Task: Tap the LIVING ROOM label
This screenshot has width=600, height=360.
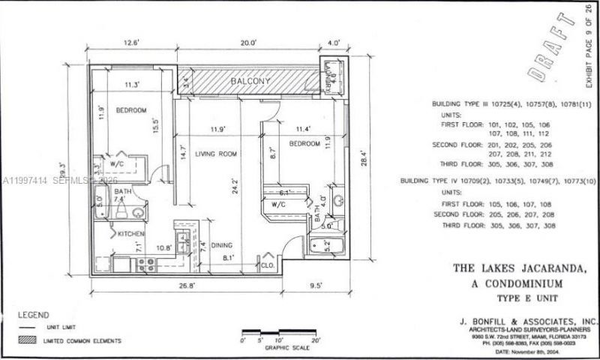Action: pyautogui.click(x=217, y=154)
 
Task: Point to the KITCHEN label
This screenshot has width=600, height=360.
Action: pyautogui.click(x=130, y=235)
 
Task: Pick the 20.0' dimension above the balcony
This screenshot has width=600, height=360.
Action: pyautogui.click(x=248, y=43)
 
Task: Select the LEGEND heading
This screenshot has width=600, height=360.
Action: pyautogui.click(x=33, y=315)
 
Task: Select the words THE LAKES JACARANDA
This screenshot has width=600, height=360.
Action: pyautogui.click(x=523, y=267)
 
